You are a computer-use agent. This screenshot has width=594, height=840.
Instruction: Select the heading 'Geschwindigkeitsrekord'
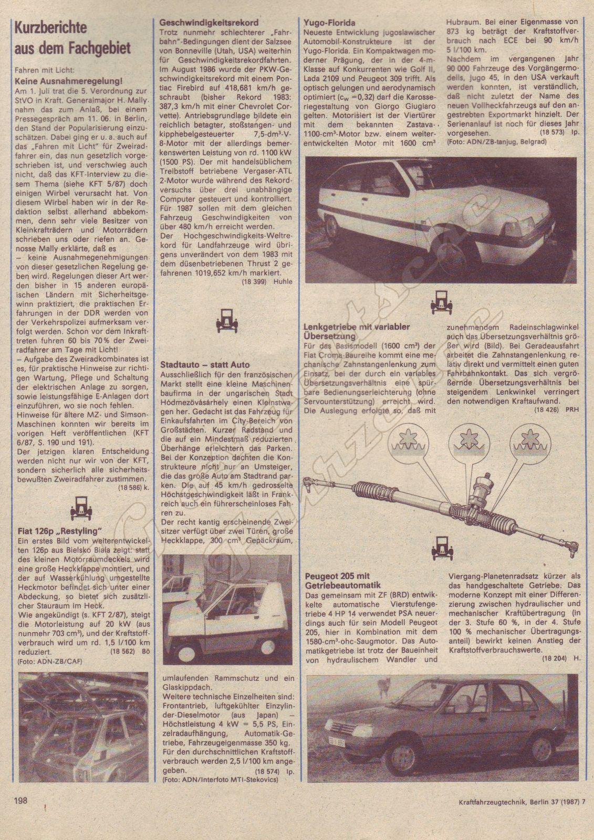(x=209, y=23)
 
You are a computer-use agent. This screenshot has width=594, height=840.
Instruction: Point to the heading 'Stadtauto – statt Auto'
(x=205, y=364)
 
